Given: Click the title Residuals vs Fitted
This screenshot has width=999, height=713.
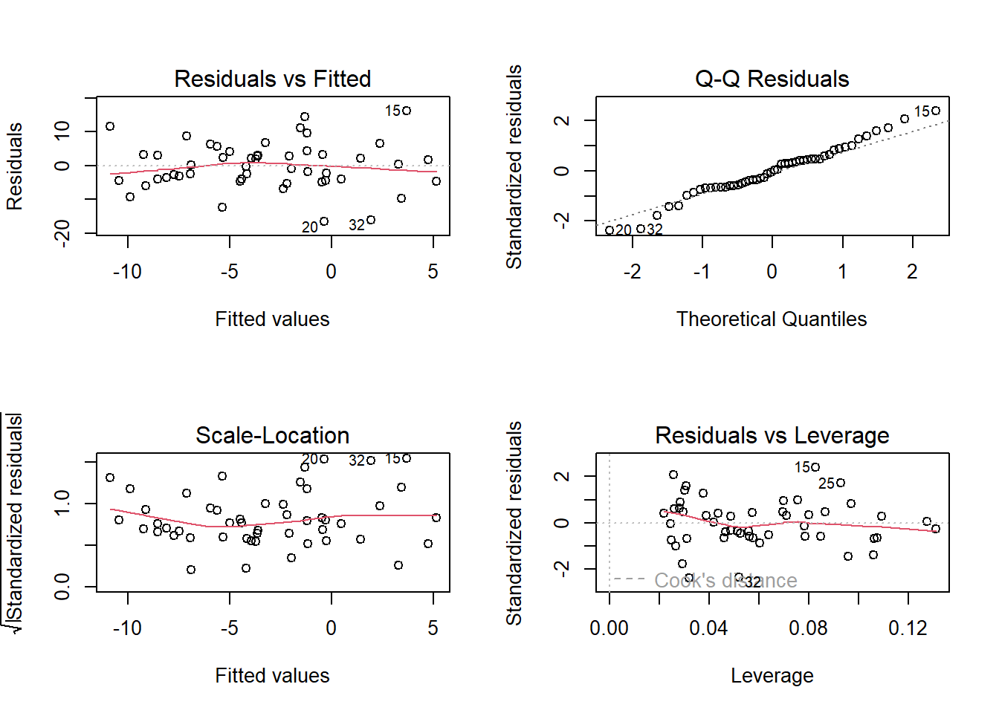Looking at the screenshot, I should [272, 79].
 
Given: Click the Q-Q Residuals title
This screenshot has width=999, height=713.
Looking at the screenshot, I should [772, 79].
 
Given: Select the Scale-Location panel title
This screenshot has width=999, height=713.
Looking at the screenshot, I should [272, 435].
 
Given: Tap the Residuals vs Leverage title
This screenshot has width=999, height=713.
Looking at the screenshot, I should [772, 435].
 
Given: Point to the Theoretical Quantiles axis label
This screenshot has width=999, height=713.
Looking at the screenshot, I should [772, 319].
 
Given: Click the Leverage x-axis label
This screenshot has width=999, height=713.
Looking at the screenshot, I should [772, 676].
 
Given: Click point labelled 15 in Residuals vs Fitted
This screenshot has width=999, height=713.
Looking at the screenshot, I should [407, 111].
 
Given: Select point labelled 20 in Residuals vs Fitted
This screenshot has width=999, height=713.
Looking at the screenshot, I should [324, 221].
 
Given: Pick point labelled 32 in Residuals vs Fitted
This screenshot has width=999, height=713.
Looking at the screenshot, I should [371, 220].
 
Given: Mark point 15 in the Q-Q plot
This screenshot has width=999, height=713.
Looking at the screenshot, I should [936, 111].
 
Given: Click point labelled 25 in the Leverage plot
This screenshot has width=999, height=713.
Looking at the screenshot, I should [841, 483].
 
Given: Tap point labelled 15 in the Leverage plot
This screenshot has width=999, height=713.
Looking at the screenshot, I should [816, 467].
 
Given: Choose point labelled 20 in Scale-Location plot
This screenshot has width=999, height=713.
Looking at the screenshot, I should [324, 459].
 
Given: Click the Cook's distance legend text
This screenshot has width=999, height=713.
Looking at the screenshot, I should [725, 580].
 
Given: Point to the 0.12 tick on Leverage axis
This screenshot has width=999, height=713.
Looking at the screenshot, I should [908, 628].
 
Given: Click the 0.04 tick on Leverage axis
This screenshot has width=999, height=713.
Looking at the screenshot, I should [708, 628].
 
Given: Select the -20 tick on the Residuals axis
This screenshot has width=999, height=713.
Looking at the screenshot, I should [62, 232].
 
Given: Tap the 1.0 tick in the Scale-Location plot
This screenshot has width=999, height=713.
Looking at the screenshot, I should [62, 503].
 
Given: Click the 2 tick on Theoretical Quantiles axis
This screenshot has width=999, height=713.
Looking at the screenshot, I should [912, 272].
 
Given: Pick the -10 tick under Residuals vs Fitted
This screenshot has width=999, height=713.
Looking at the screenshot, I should [127, 272].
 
